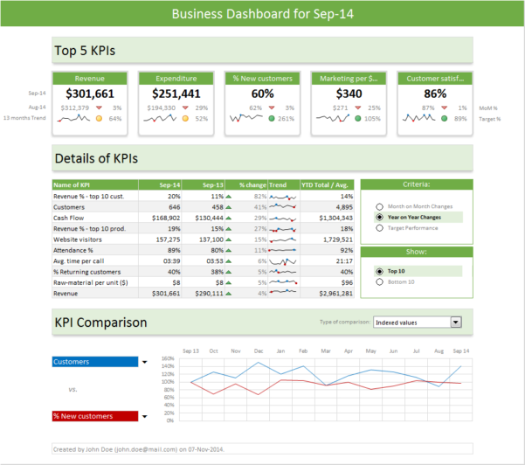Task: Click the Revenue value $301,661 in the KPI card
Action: (90, 94)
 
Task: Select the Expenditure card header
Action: (176, 78)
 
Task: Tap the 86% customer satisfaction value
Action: (435, 94)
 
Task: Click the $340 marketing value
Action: (349, 94)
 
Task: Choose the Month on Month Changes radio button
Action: (379, 205)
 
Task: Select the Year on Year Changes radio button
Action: (379, 217)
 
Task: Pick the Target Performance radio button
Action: (379, 228)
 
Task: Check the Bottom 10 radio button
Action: (379, 281)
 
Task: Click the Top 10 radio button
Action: (379, 271)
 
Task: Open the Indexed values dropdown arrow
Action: (455, 323)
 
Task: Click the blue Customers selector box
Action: (94, 362)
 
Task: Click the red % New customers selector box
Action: (94, 416)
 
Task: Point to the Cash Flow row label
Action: (69, 218)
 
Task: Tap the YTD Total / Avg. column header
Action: (326, 185)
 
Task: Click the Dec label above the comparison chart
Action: (258, 350)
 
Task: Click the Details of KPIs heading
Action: (96, 159)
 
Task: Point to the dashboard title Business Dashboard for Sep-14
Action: (262, 14)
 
